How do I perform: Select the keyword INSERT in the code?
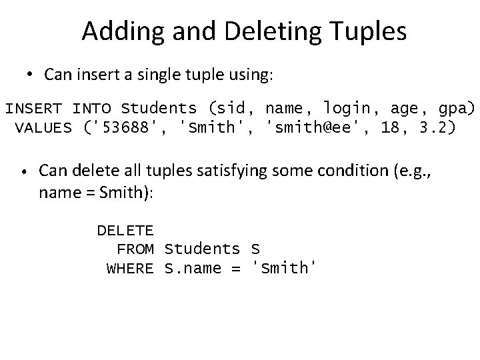coord(34,108)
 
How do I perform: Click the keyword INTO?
coord(91,108)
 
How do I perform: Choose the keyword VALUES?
coord(43,127)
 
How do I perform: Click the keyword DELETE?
coord(125,231)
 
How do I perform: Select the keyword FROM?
coord(135,249)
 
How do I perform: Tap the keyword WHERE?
coord(131,268)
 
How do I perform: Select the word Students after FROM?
coord(202,249)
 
